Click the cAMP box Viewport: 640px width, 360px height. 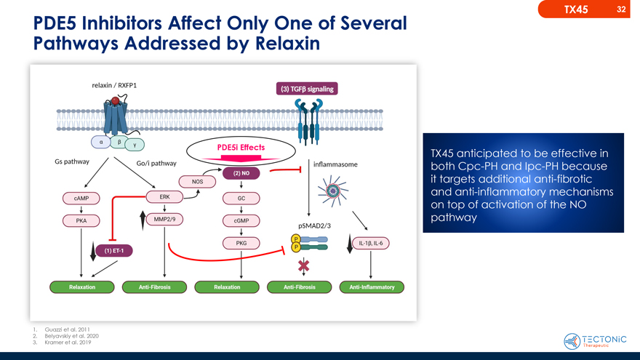coord(81,199)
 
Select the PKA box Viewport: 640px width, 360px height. coord(81,220)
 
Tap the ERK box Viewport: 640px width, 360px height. coord(164,197)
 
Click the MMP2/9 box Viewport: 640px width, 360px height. coord(164,219)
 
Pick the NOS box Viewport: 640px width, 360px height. coord(197,181)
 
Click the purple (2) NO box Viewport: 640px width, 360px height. coord(241,173)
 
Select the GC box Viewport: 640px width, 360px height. coord(241,199)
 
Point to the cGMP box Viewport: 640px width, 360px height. coord(241,221)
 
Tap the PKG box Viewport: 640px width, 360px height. coord(241,243)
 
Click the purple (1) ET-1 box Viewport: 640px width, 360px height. coord(113,251)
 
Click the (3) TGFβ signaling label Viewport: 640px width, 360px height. coord(306,89)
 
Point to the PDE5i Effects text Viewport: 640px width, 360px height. coord(241,148)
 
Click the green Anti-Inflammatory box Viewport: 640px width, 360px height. coord(372,287)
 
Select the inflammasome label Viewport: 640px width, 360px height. coord(335,164)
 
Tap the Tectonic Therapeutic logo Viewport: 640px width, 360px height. coord(594,341)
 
